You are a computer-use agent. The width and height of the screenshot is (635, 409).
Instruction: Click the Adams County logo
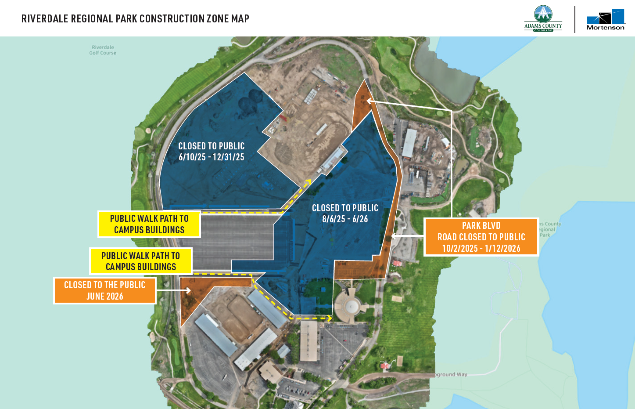coord(543,18)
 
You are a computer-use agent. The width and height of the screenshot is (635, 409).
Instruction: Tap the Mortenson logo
coord(606,20)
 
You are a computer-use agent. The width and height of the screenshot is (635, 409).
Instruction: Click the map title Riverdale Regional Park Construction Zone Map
coord(135,18)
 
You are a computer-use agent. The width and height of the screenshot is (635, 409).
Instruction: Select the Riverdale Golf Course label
coord(103,50)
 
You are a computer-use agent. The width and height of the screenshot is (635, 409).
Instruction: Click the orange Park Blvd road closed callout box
coord(481,237)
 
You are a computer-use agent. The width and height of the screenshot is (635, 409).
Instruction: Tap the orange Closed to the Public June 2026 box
coord(104,290)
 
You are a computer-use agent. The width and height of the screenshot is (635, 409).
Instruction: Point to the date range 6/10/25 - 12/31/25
coord(212,157)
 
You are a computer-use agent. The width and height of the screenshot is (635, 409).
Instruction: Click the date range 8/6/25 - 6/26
coord(345,219)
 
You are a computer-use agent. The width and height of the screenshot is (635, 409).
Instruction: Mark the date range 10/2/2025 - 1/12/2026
coord(481,249)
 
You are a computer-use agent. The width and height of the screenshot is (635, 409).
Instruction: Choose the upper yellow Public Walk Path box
coord(149,224)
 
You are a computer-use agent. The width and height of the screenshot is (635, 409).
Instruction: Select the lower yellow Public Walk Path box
coord(141,261)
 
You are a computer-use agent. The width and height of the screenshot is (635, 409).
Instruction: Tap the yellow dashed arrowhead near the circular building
coord(329,318)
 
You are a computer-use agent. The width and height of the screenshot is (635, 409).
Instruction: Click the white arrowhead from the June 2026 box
coord(188,290)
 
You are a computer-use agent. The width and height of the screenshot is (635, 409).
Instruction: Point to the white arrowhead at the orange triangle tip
coord(369,101)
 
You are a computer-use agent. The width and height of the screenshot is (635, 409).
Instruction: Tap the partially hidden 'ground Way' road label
coord(451,375)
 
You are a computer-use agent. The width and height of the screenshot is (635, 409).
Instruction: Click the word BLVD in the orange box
coord(491,226)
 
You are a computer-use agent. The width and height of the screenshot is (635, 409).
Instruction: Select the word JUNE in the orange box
coord(96,297)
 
